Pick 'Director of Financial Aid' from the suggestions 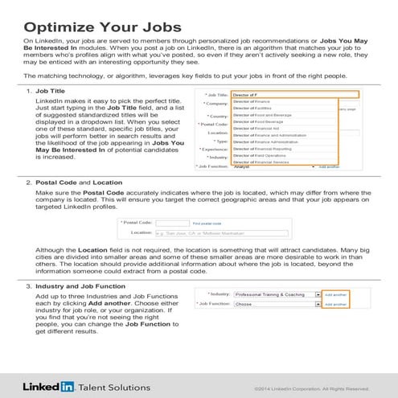pyautogui.click(x=265, y=126)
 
